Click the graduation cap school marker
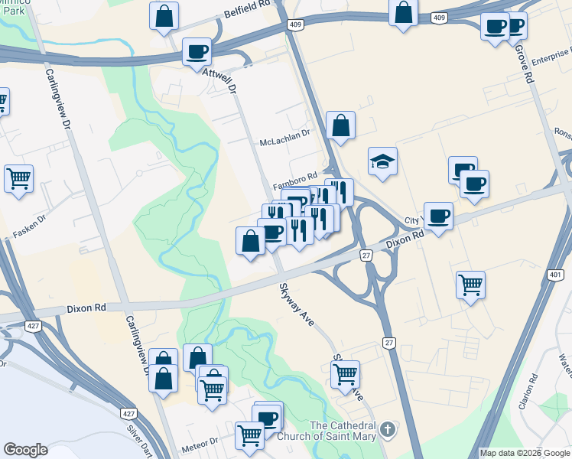click(x=382, y=161)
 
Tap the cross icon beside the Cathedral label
click(x=388, y=428)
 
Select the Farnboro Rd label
click(x=294, y=184)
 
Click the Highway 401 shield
click(x=555, y=274)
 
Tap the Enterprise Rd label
click(x=550, y=58)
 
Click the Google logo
click(x=25, y=450)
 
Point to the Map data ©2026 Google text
click(x=524, y=453)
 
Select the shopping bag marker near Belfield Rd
click(x=164, y=16)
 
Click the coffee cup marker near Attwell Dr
click(x=197, y=52)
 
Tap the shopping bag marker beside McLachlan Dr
click(x=340, y=126)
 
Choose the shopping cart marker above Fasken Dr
click(x=18, y=179)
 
